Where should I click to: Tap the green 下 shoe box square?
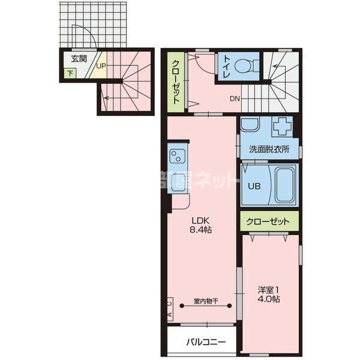click(x=70, y=74)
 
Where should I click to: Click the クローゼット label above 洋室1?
click(x=269, y=221)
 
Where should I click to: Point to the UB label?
click(x=254, y=185)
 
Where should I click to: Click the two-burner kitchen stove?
click(x=178, y=157)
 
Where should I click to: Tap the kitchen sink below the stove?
click(x=178, y=184)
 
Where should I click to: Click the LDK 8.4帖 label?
click(x=200, y=224)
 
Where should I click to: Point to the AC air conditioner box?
click(x=170, y=310)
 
